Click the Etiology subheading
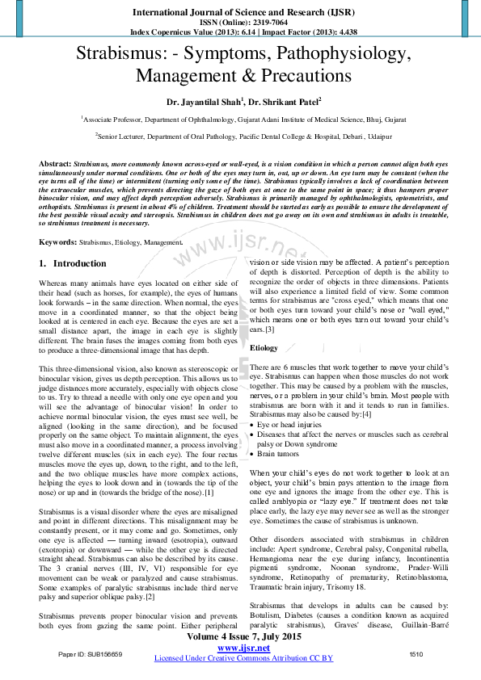coord(264,347)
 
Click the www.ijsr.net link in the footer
coord(243,649)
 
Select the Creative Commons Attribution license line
coord(243,658)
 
